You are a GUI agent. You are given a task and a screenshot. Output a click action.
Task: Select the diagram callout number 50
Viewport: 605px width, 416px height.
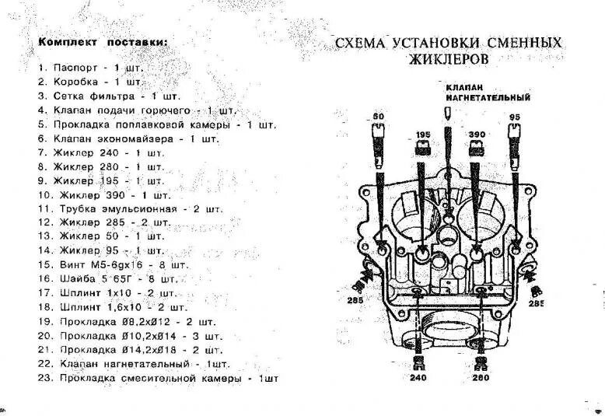point(379,117)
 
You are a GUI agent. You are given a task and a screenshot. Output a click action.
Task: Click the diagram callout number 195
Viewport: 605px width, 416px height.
point(422,135)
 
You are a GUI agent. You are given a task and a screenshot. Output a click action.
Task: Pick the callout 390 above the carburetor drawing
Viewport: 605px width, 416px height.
point(477,135)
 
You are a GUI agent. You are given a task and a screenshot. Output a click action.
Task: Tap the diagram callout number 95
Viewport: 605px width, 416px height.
point(514,117)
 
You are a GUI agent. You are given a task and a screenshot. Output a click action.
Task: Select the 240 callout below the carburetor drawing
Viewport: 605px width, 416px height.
point(419,377)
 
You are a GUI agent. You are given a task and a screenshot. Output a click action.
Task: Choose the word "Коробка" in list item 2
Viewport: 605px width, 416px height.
point(75,81)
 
